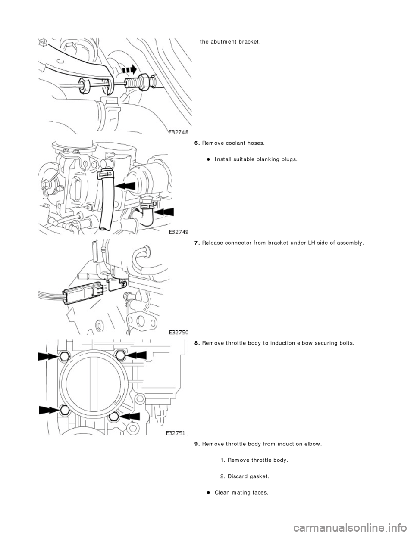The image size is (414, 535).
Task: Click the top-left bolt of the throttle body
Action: (65, 356)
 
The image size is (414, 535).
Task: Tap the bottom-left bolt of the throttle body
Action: (65, 410)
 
